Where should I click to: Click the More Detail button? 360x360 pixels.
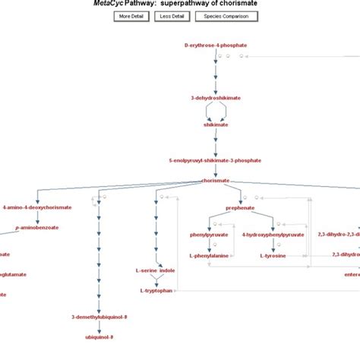(131, 16)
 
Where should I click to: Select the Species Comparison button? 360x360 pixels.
(226, 16)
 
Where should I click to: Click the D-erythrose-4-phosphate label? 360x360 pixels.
(215, 46)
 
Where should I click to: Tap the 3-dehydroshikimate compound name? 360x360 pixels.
(216, 98)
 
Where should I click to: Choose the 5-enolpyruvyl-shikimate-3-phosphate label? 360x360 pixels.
(215, 160)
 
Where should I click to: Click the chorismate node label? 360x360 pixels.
(216, 181)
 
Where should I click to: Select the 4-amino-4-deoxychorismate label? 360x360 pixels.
(36, 207)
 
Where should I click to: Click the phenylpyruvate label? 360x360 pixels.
(208, 235)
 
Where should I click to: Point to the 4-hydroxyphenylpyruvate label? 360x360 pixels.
(273, 235)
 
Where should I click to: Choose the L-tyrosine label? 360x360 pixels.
(273, 256)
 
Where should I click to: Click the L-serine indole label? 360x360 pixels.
(155, 270)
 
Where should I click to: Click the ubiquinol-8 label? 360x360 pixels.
(99, 336)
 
